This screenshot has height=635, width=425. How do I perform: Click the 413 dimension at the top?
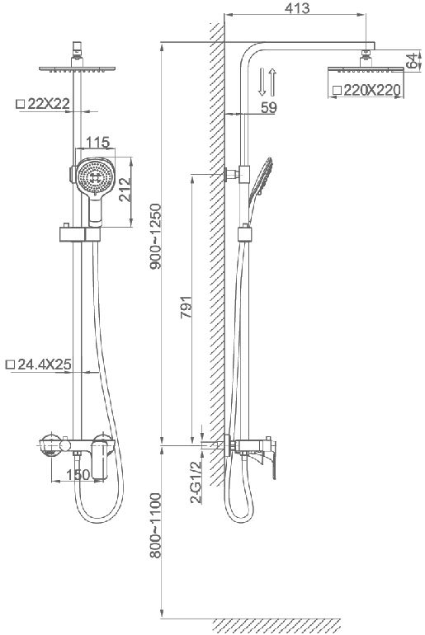[x=297, y=8]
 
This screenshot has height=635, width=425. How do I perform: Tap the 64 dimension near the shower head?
[x=412, y=61]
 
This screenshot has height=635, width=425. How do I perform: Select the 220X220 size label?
[x=372, y=91]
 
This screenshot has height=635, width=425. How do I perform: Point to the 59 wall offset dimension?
[x=268, y=108]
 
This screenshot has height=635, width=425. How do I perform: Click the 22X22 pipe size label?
[x=49, y=104]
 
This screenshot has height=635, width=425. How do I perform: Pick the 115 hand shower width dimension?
[x=98, y=143]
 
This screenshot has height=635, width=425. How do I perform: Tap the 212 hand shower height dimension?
[x=125, y=190]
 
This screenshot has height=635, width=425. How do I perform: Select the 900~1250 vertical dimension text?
[x=156, y=237]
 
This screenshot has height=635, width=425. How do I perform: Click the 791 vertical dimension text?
[x=186, y=308]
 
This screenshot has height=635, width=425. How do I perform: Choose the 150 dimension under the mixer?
[x=78, y=475]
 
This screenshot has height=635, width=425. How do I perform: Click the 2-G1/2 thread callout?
[x=196, y=482]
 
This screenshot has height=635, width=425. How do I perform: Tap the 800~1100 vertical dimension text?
[x=156, y=525]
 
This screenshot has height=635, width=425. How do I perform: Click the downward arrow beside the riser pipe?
[x=262, y=82]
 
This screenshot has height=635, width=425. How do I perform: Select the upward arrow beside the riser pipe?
[x=272, y=82]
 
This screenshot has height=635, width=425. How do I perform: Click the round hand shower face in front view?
[x=94, y=176]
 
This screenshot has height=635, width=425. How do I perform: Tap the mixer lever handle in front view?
[x=99, y=460]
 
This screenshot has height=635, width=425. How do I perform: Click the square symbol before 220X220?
[x=337, y=91]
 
